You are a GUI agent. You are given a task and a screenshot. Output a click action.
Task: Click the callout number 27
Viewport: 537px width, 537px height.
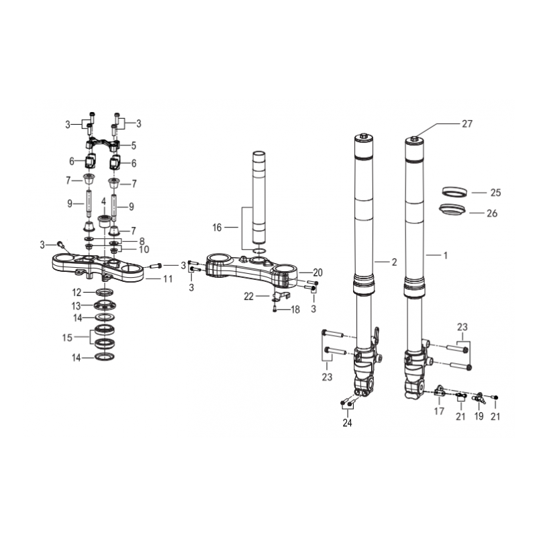tap(467, 124)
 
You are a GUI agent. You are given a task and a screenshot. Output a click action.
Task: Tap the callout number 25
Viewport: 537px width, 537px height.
tap(495, 193)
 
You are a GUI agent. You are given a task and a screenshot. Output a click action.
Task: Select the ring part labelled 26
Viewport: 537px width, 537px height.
tap(452, 209)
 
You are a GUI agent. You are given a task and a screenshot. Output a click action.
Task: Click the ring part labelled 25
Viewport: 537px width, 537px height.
tap(454, 192)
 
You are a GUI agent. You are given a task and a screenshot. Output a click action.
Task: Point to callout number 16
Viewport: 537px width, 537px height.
tap(217, 228)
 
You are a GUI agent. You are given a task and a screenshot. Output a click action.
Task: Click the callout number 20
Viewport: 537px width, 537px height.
tap(318, 273)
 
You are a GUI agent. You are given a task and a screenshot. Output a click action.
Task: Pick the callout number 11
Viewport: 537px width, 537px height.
tap(167, 279)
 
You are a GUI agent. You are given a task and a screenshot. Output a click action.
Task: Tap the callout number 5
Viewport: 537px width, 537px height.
tap(134, 146)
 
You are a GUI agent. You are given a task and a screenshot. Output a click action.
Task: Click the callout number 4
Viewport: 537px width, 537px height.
tap(103, 201)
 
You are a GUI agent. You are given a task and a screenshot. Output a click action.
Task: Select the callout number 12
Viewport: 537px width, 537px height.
tap(77, 293)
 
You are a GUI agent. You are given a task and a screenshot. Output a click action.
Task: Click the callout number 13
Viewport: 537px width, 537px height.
tap(76, 305)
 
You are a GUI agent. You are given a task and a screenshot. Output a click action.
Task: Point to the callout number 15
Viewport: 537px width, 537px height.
tap(67, 338)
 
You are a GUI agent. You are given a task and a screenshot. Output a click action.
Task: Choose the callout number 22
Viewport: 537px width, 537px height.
tap(248, 296)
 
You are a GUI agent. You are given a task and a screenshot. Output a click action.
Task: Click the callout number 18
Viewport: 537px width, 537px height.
tap(295, 309)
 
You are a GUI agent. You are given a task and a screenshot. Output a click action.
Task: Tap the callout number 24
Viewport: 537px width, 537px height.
tap(347, 423)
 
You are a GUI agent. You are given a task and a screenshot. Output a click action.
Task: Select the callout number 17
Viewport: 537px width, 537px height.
tap(439, 411)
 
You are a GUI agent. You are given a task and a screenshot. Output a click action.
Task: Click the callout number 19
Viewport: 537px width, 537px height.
tap(479, 416)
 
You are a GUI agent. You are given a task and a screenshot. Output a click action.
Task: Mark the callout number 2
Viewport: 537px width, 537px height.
tap(394, 262)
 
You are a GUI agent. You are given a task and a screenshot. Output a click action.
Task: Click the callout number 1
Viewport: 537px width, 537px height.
tap(445, 255)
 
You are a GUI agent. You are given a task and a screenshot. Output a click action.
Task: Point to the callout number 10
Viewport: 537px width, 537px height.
tap(144, 249)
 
